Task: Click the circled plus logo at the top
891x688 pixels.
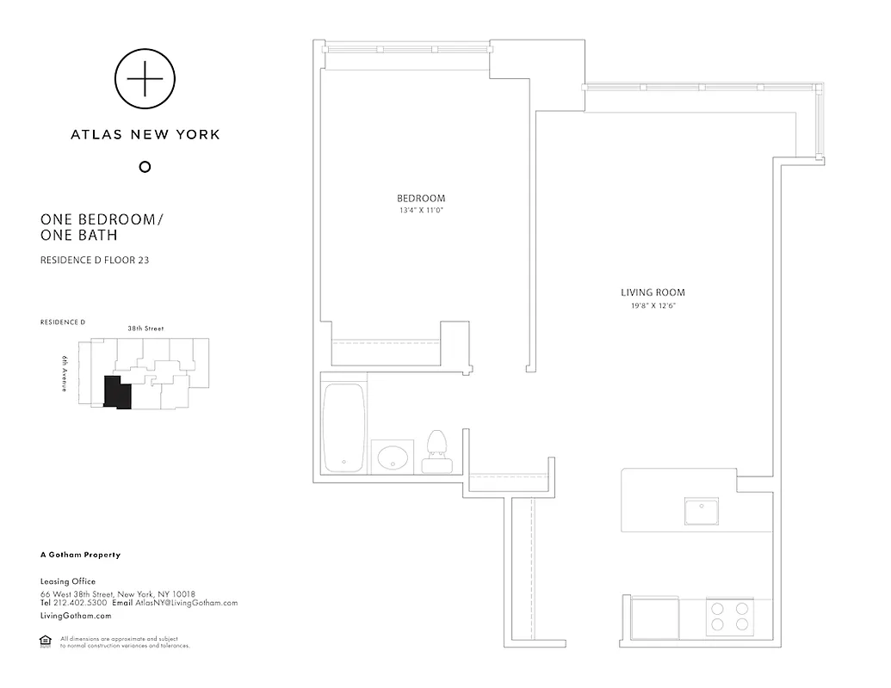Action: click(x=145, y=79)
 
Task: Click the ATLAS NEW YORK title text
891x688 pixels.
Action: click(x=145, y=134)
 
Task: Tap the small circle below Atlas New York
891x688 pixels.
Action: click(x=145, y=167)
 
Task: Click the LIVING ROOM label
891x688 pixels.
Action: click(x=653, y=292)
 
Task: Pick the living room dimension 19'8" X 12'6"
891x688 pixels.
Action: click(x=653, y=305)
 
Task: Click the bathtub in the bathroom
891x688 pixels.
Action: click(x=344, y=427)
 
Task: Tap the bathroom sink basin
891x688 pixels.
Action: click(x=393, y=456)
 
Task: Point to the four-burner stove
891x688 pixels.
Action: click(x=730, y=617)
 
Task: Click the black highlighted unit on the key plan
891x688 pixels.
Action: click(x=116, y=392)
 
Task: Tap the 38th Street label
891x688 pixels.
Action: click(x=145, y=329)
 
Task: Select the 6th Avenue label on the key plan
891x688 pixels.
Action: click(x=65, y=374)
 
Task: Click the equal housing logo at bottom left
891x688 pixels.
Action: click(x=46, y=640)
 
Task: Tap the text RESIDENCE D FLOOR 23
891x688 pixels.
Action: click(x=95, y=260)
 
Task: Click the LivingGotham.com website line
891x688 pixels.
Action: click(x=76, y=616)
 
